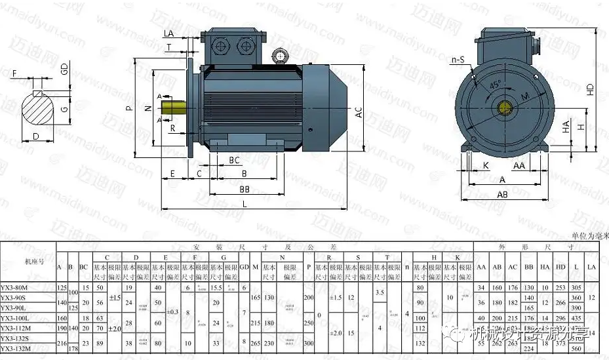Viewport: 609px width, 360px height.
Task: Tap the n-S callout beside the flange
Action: [457, 60]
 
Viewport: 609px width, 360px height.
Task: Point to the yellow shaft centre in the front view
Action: [505, 107]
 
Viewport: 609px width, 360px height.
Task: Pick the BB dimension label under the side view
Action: [244, 188]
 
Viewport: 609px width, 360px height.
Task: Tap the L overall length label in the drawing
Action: [245, 205]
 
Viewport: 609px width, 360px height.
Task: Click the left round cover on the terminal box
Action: [223, 47]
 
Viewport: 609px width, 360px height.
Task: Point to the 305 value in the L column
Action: [576, 286]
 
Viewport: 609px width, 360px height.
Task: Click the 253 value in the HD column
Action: [560, 286]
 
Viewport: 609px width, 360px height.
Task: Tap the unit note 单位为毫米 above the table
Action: [589, 235]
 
